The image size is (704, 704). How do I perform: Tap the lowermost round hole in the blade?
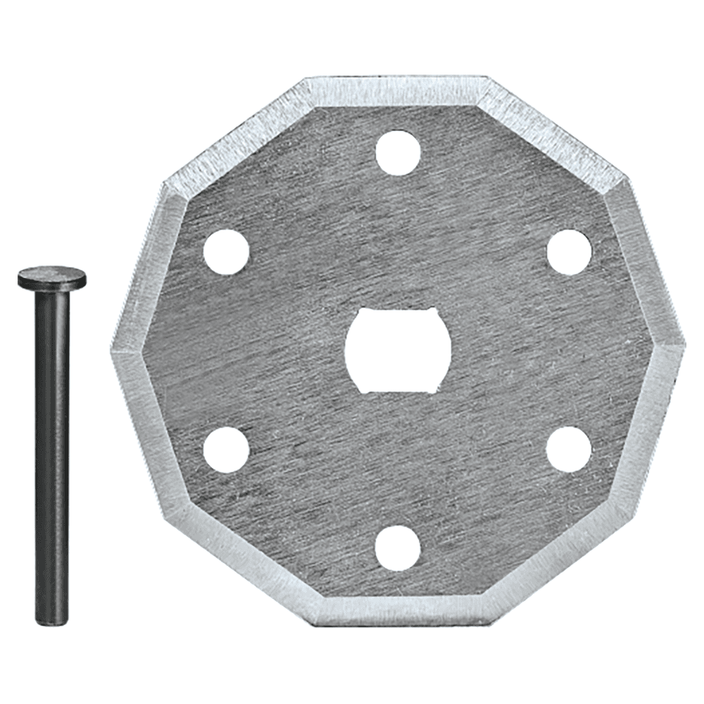point(398,548)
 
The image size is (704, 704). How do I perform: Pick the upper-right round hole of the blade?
point(569,251)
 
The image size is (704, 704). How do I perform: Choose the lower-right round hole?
point(569,449)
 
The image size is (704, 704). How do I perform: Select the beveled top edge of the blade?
point(398,90)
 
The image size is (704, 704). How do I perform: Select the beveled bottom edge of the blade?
point(398,612)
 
